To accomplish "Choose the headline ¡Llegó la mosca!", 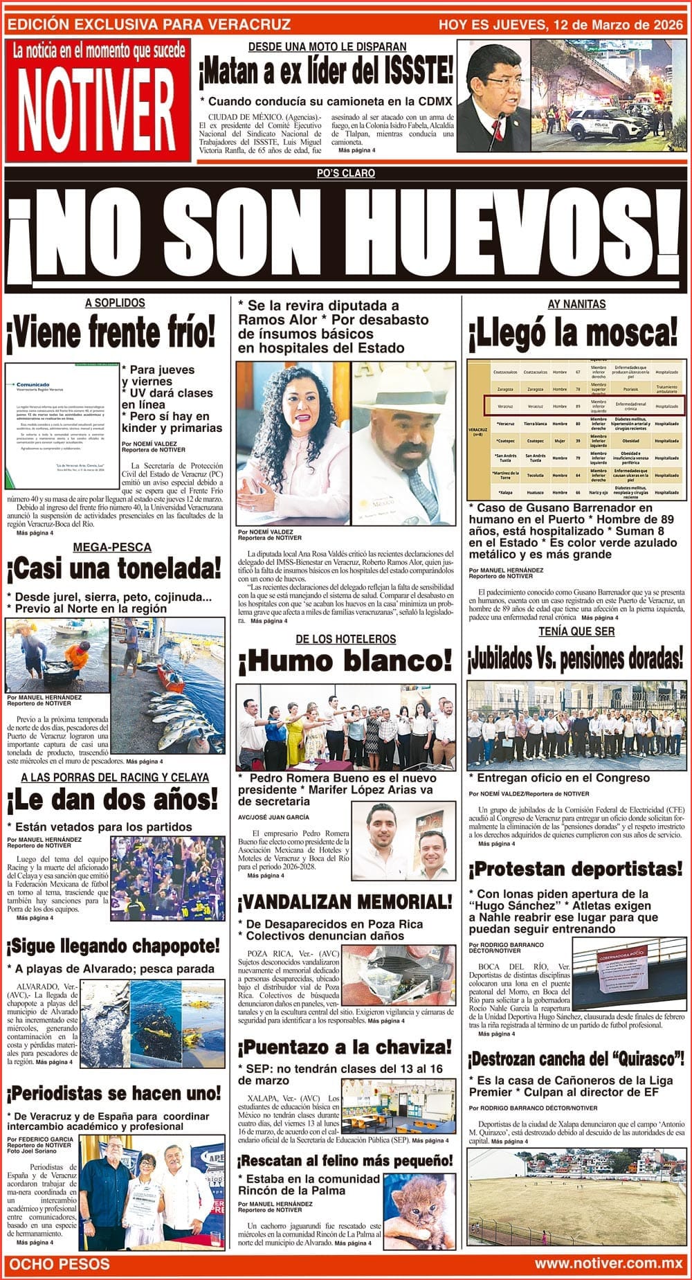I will pyautogui.click(x=573, y=333).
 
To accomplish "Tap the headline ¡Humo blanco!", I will pyautogui.click(x=345, y=662).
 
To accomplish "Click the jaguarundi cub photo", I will pyautogui.click(x=419, y=1211).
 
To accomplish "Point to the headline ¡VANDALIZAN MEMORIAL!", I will pyautogui.click(x=345, y=901).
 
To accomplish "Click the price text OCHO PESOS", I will pyautogui.click(x=60, y=1263).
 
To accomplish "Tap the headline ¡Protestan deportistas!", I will pyautogui.click(x=576, y=868).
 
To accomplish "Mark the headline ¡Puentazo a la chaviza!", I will pyautogui.click(x=345, y=1046).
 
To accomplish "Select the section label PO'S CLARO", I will pyautogui.click(x=345, y=173).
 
